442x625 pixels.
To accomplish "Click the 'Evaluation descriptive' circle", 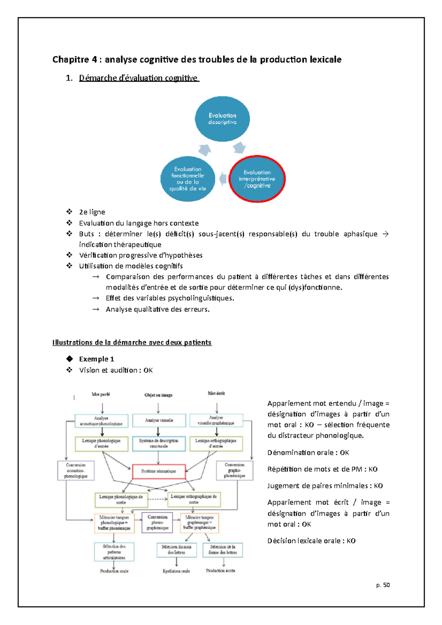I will [222, 119].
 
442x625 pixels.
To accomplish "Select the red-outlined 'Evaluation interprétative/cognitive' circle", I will [257, 179].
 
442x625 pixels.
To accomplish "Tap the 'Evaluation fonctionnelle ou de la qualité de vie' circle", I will [188, 179].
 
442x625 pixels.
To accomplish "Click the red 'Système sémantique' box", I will [159, 471].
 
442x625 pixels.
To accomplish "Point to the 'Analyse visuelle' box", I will [159, 420].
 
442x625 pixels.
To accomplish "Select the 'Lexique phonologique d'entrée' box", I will [101, 444].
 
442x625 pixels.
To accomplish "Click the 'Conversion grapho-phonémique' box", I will [234, 470].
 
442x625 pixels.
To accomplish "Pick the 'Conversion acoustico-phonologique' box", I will [76, 471].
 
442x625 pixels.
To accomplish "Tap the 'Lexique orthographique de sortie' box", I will [194, 499].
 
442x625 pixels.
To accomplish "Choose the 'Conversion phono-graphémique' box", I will [157, 523].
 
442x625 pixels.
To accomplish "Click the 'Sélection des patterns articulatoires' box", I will [114, 552].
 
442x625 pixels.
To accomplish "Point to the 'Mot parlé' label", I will [101, 394].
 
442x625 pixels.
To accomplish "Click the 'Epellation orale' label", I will [176, 571].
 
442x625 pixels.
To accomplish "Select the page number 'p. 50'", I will [383, 585].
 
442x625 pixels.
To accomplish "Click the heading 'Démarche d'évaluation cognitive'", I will [138, 78].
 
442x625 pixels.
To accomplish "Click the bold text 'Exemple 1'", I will [97, 359].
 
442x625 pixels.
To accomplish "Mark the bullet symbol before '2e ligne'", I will [69, 212].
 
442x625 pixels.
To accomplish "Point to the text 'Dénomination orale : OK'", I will [308, 453].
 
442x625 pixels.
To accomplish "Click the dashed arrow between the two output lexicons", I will [157, 499].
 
